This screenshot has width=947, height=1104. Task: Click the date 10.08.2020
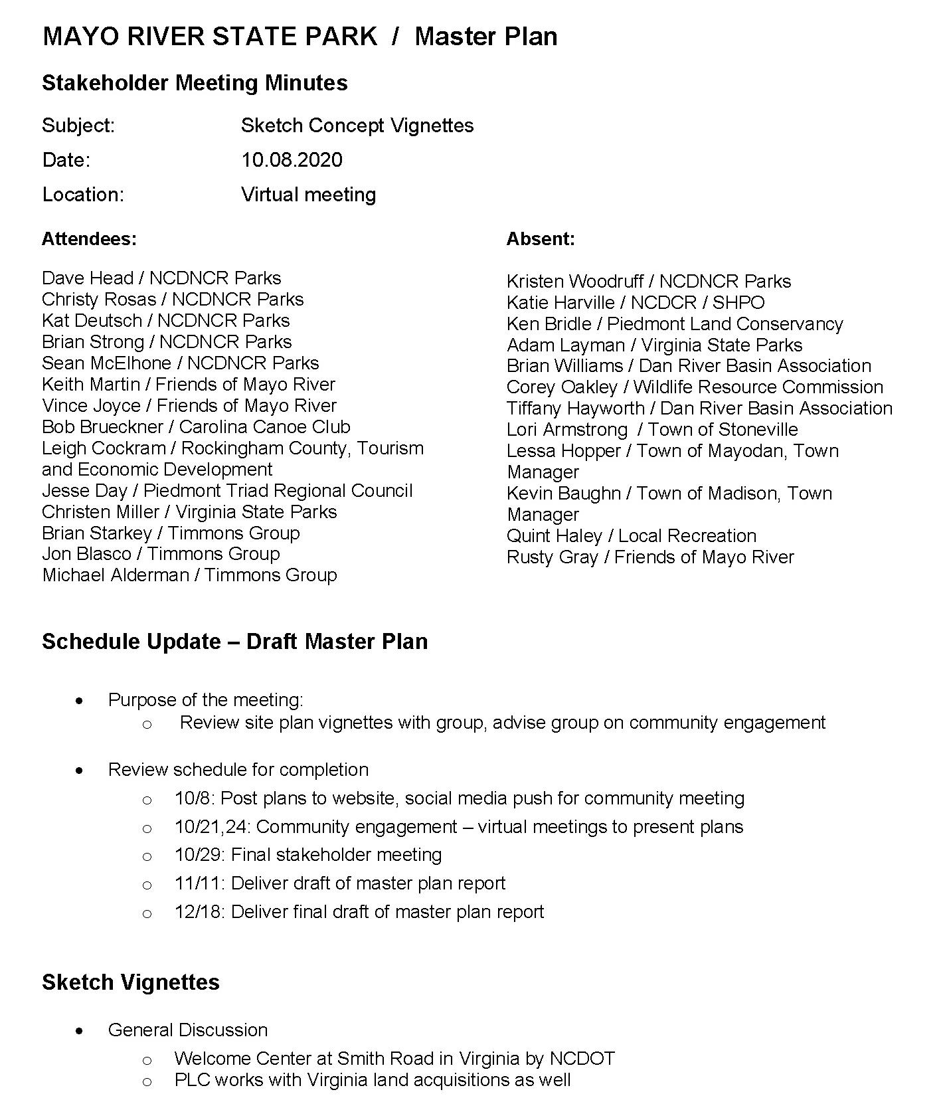point(292,160)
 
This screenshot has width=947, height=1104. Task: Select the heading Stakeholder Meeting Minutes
point(195,83)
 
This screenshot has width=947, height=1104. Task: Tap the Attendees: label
point(89,239)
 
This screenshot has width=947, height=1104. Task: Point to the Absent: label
point(541,239)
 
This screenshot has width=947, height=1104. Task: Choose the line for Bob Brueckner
point(196,426)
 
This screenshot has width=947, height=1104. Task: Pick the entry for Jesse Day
point(227,491)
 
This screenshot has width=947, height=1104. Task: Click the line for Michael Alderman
point(189,575)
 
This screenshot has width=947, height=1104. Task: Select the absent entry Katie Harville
point(636,303)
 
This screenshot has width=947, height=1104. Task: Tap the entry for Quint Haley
point(632,536)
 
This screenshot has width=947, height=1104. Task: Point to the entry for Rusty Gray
point(650,557)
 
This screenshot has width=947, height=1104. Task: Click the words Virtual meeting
point(308,195)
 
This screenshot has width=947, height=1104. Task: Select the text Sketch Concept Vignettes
point(357,126)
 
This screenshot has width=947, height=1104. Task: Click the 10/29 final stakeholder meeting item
point(308,855)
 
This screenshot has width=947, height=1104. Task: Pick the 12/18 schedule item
point(359,912)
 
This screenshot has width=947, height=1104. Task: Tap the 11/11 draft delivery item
point(339,883)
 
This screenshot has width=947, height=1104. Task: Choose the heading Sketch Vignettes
point(131,982)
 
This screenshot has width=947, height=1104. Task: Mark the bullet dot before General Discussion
point(80,1031)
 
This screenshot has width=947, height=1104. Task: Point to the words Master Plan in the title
point(485,37)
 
